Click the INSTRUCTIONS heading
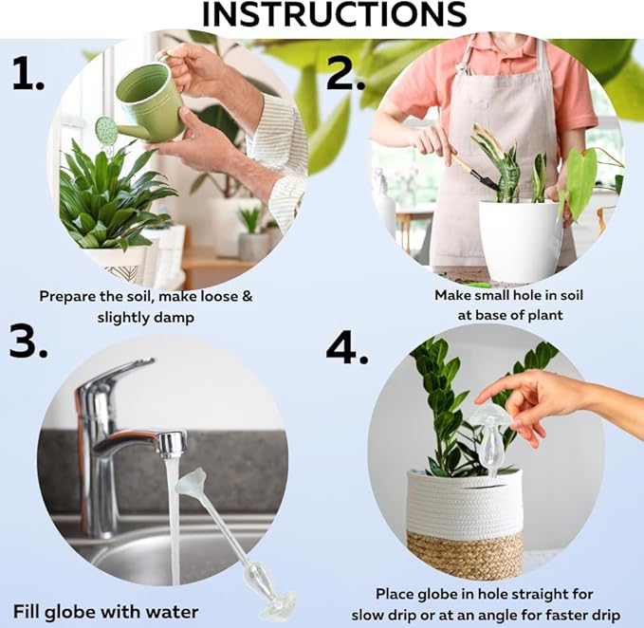point(334,15)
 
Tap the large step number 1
point(28,74)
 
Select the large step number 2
point(346,73)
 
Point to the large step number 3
point(28,341)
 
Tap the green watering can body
point(150,100)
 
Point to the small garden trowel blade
point(485,179)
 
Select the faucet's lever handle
point(116,375)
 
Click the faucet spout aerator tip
point(173,445)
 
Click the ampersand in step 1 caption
point(247,296)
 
